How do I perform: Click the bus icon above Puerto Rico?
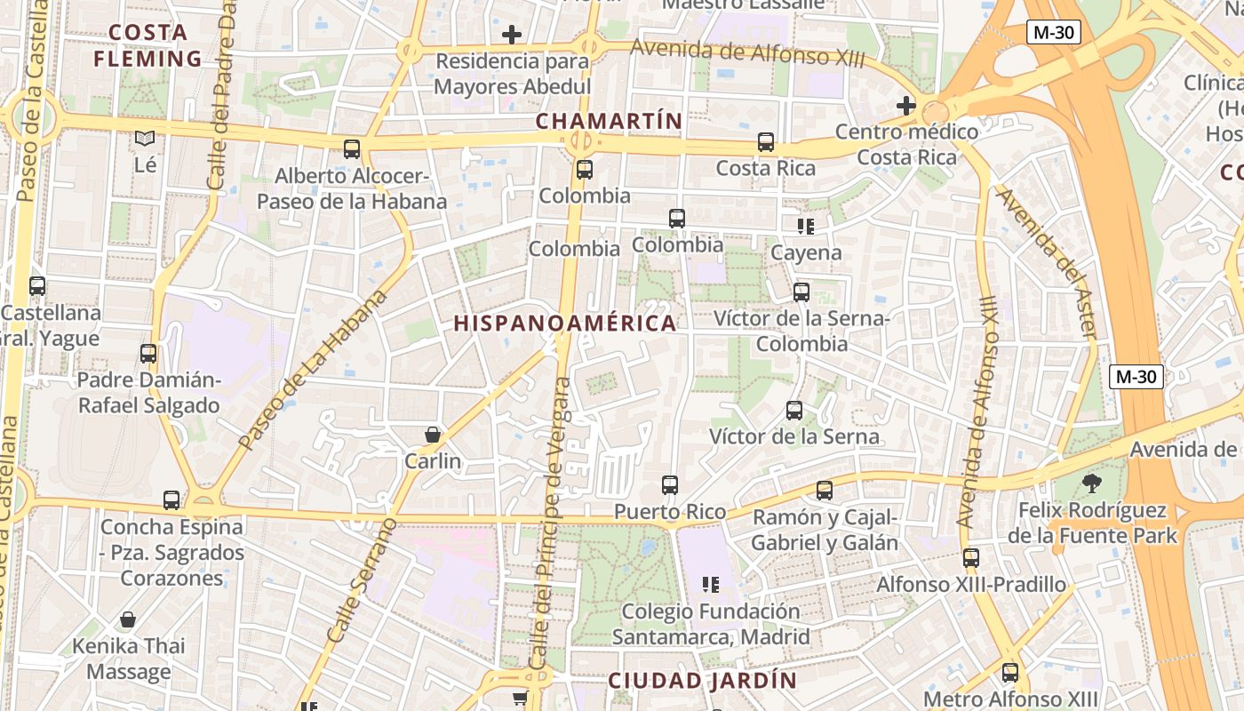coord(670,485)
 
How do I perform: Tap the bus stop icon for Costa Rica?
coord(766,142)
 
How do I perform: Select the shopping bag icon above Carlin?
coord(433,435)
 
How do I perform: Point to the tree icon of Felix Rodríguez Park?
coord(1092,483)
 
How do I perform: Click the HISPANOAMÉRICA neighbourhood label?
coord(565,324)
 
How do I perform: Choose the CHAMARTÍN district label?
coord(610,121)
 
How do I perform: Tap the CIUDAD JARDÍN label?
coord(703,681)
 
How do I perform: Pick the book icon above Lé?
coord(145,139)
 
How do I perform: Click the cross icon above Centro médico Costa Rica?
coord(906,106)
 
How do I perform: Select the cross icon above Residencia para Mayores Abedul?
coord(512,36)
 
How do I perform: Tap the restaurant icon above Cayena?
coord(806,227)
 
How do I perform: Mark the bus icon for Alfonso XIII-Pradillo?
coord(971,558)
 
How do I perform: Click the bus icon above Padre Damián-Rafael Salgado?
coord(148,354)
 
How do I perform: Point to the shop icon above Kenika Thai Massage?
coord(128,619)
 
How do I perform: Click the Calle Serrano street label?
coord(362,579)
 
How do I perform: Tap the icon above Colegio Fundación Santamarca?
coord(711,585)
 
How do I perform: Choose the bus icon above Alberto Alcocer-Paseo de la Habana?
coord(352,149)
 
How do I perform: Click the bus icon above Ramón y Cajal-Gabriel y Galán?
coord(825,491)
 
